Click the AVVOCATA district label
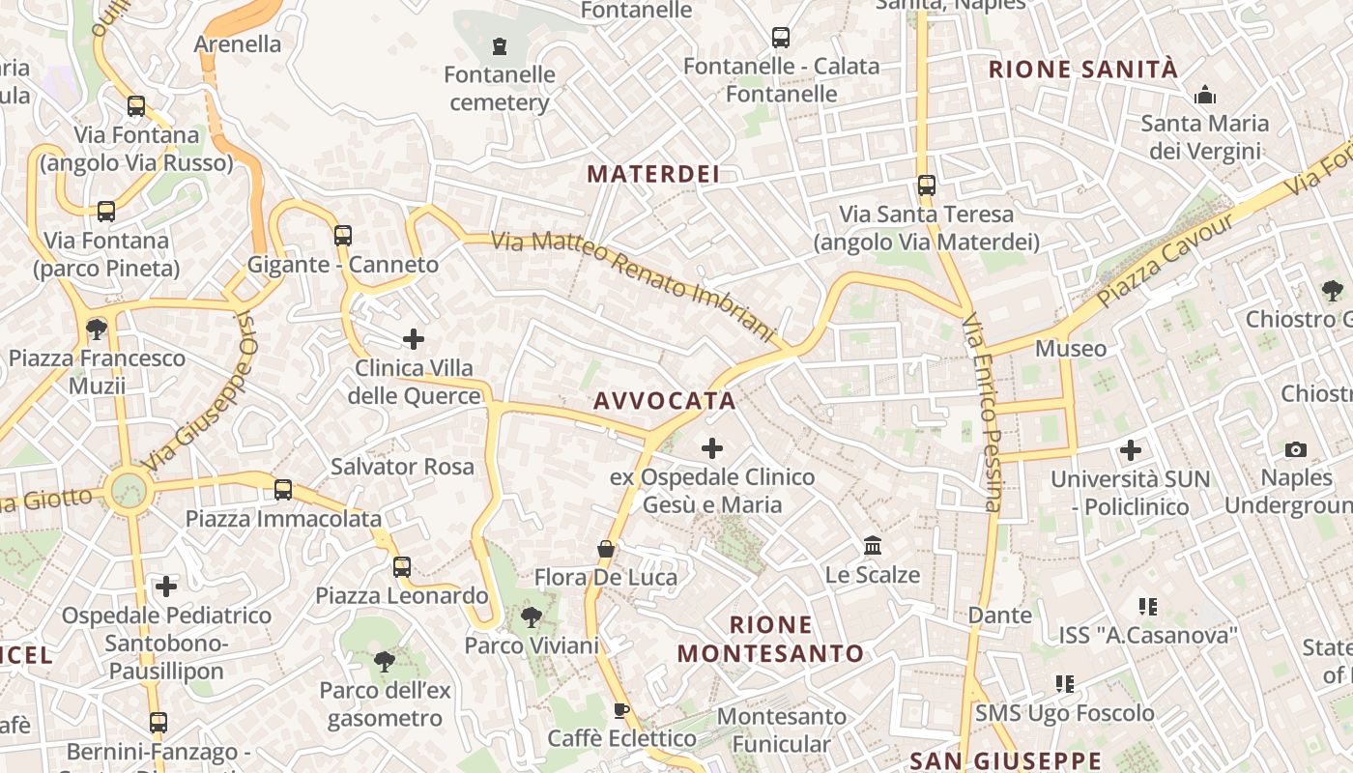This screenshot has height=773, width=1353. tap(665, 401)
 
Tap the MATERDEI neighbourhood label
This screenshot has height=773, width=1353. tap(653, 174)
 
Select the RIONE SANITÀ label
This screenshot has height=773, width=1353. tap(1083, 70)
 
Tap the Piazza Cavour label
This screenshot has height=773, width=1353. tap(1166, 261)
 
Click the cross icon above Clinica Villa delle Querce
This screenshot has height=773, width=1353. tap(414, 339)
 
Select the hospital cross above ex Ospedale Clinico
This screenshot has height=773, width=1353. tap(712, 448)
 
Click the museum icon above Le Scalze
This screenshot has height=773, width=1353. tap(873, 546)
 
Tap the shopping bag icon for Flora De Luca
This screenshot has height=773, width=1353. tap(606, 549)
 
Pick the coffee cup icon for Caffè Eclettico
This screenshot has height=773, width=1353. tap(621, 711)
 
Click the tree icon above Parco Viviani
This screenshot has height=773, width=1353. tap(531, 616)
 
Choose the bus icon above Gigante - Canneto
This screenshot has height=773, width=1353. tap(343, 235)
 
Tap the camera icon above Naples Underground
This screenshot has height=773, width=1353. tap(1296, 449)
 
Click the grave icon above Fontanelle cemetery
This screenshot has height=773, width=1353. tap(500, 45)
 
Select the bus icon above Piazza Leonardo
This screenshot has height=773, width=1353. tap(402, 567)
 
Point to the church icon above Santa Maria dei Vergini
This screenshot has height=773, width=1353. tap(1205, 95)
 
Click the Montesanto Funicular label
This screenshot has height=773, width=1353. tap(781, 730)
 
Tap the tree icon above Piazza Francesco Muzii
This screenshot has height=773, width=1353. tap(97, 329)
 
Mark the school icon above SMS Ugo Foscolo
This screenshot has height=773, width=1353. tap(1065, 684)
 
